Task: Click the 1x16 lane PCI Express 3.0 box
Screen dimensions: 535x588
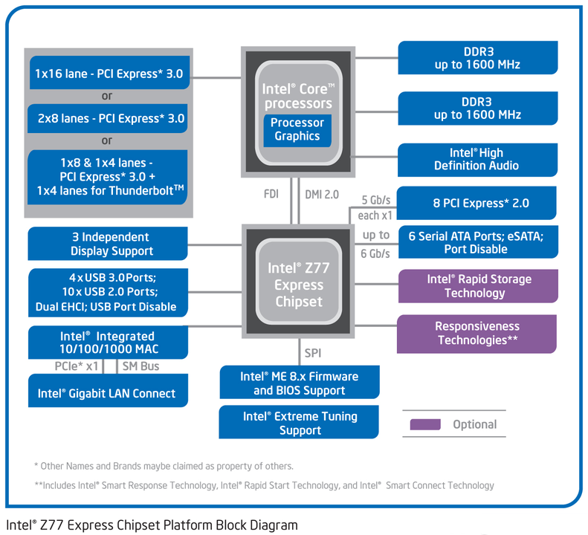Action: (x=109, y=74)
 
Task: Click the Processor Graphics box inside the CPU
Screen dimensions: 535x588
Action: (x=297, y=129)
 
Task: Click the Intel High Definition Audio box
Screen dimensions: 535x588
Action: (x=477, y=159)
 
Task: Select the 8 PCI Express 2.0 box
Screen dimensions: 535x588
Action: (x=477, y=203)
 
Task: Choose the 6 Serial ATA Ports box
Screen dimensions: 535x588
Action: (x=477, y=242)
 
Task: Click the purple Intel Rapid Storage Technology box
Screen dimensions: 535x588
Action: (x=477, y=286)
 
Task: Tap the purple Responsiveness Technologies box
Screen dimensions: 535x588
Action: (x=476, y=334)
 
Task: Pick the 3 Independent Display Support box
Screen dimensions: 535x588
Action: (x=107, y=244)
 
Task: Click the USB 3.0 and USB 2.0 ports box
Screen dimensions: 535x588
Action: (x=107, y=291)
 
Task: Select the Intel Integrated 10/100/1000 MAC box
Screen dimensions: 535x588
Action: (x=107, y=342)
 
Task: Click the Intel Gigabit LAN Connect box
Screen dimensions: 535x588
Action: (x=107, y=393)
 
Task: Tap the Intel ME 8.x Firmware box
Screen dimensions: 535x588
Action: (x=300, y=383)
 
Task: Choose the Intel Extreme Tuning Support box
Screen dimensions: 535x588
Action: (x=300, y=423)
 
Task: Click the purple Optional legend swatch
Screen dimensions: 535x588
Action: (x=425, y=424)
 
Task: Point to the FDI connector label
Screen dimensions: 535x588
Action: (x=271, y=195)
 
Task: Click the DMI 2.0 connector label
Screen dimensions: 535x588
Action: (x=321, y=195)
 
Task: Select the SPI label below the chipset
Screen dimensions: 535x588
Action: (x=312, y=353)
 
